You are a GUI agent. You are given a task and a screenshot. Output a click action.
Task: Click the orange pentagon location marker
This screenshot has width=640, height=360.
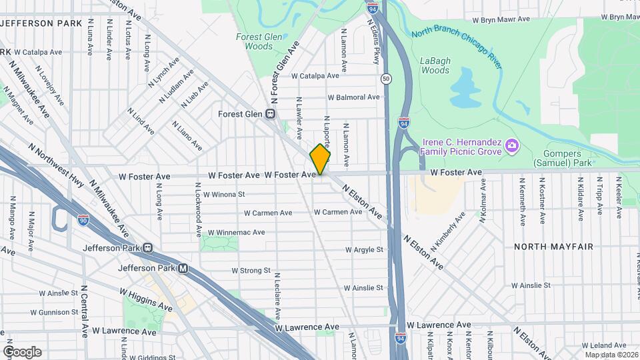tap(320, 159)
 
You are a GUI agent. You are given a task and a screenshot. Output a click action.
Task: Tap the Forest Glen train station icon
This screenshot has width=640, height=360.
tap(271, 114)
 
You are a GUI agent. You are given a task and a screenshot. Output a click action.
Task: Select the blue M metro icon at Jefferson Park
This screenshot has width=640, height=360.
tap(183, 269)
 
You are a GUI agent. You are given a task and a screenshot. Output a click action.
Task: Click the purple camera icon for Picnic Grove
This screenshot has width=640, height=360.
tap(511, 145)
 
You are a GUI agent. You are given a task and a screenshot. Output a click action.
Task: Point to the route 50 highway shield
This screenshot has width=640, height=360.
tap(386, 79)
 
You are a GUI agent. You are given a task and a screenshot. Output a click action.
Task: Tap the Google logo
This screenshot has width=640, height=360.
tap(22, 351)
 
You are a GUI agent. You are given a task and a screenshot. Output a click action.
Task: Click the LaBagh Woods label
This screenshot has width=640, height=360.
tap(435, 65)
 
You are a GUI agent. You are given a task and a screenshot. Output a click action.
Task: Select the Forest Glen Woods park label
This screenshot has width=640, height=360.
tap(254, 42)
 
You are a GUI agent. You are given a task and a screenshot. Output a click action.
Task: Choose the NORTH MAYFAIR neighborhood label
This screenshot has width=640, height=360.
tap(553, 247)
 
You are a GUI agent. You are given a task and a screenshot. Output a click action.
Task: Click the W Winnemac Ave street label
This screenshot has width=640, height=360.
tap(236, 233)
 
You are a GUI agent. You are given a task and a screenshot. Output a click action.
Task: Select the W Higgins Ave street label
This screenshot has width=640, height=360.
tap(146, 299)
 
